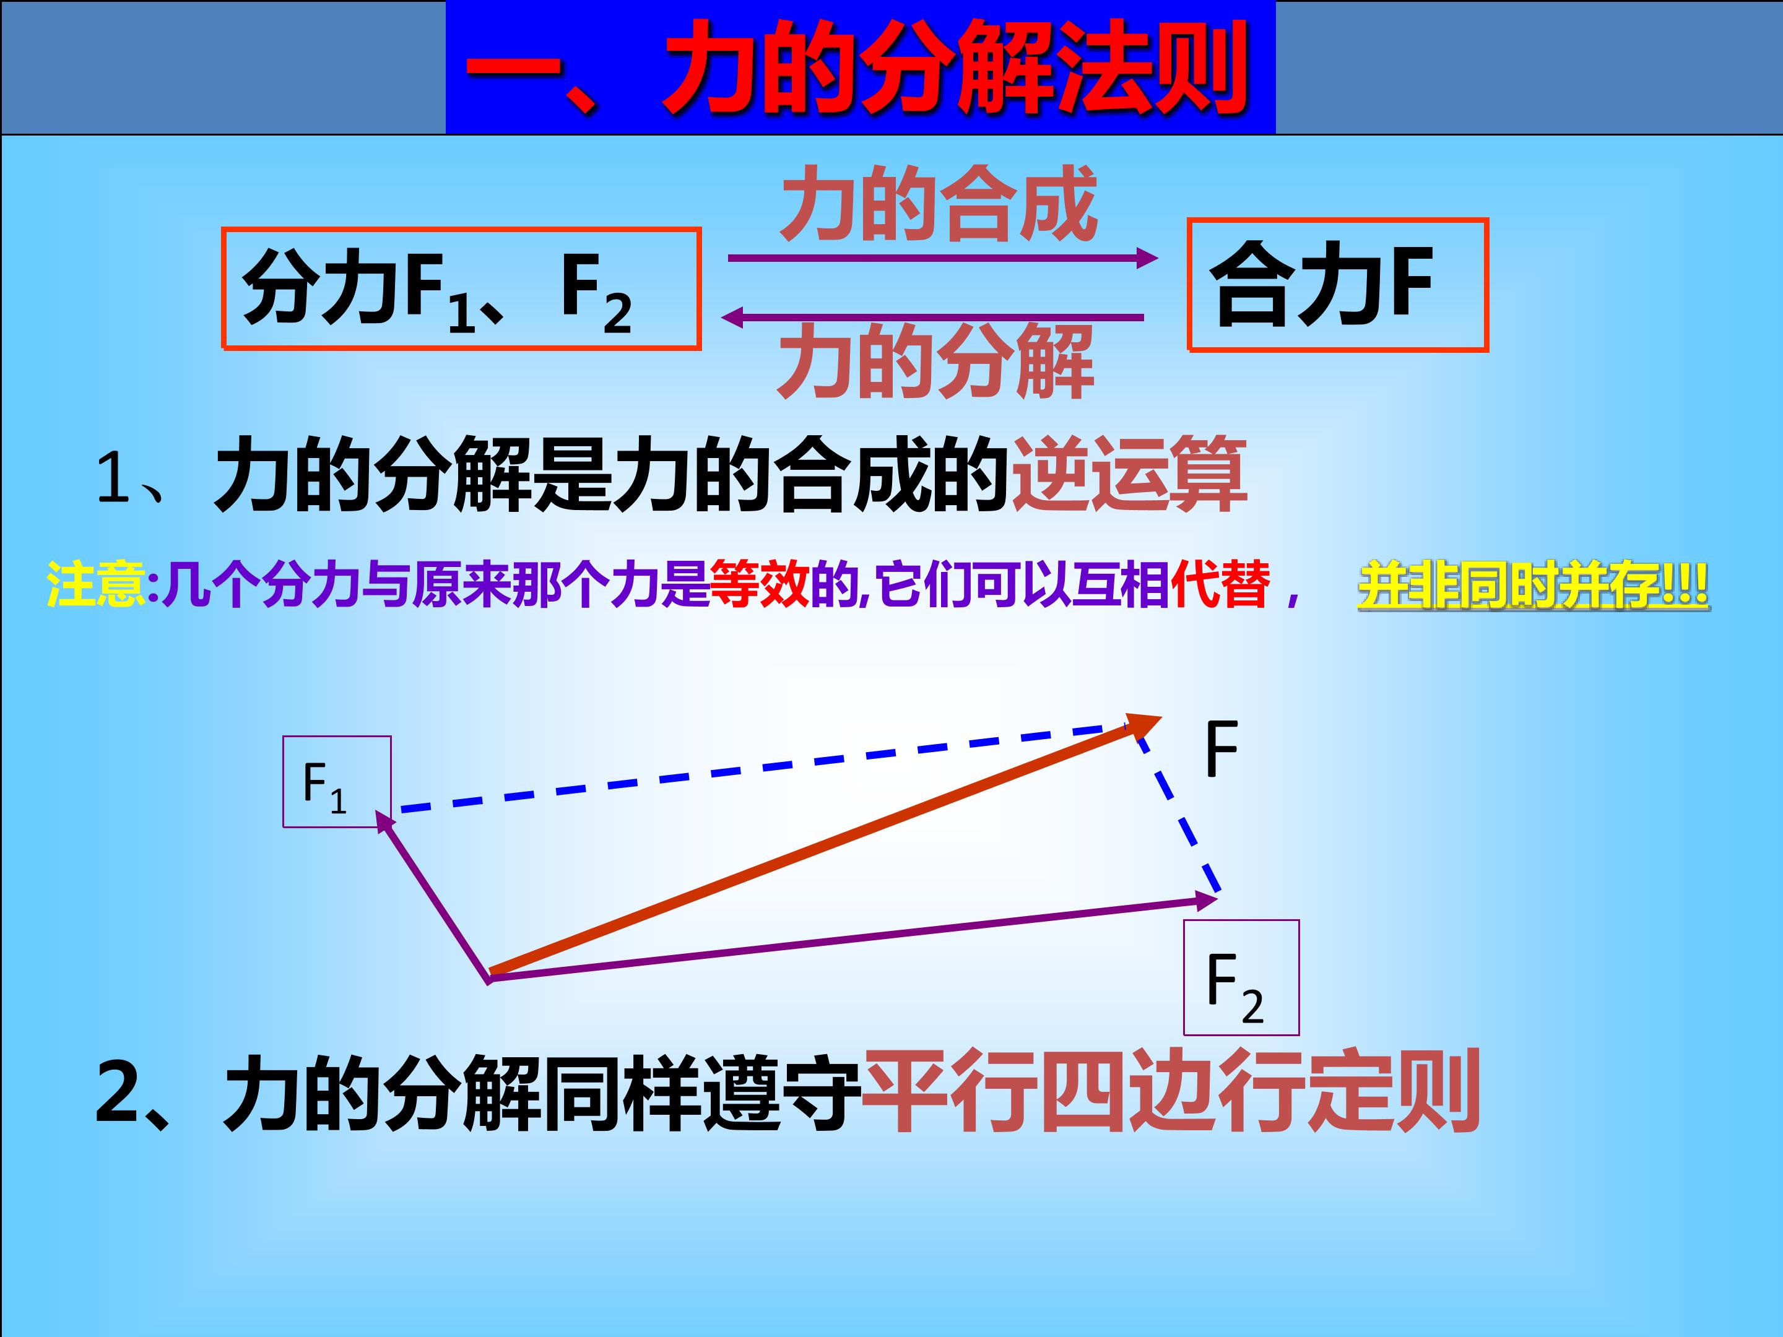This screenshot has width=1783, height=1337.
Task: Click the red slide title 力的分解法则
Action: coord(859,69)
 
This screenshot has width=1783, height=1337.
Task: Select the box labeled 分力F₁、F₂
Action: coord(461,289)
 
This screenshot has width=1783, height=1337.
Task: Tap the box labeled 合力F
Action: coord(1337,285)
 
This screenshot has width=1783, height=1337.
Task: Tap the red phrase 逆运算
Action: coord(1129,475)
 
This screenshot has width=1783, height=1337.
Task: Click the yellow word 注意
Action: coord(95,584)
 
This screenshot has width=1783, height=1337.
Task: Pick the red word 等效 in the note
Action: coord(758,584)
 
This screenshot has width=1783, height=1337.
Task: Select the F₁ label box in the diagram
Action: coord(337,782)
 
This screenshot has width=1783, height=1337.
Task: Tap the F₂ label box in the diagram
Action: coord(1241,977)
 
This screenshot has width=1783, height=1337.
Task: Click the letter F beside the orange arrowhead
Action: coord(1221,749)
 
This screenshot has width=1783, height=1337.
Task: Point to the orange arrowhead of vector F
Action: coord(1145,724)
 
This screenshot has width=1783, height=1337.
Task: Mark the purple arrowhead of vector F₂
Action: coord(1207,900)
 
